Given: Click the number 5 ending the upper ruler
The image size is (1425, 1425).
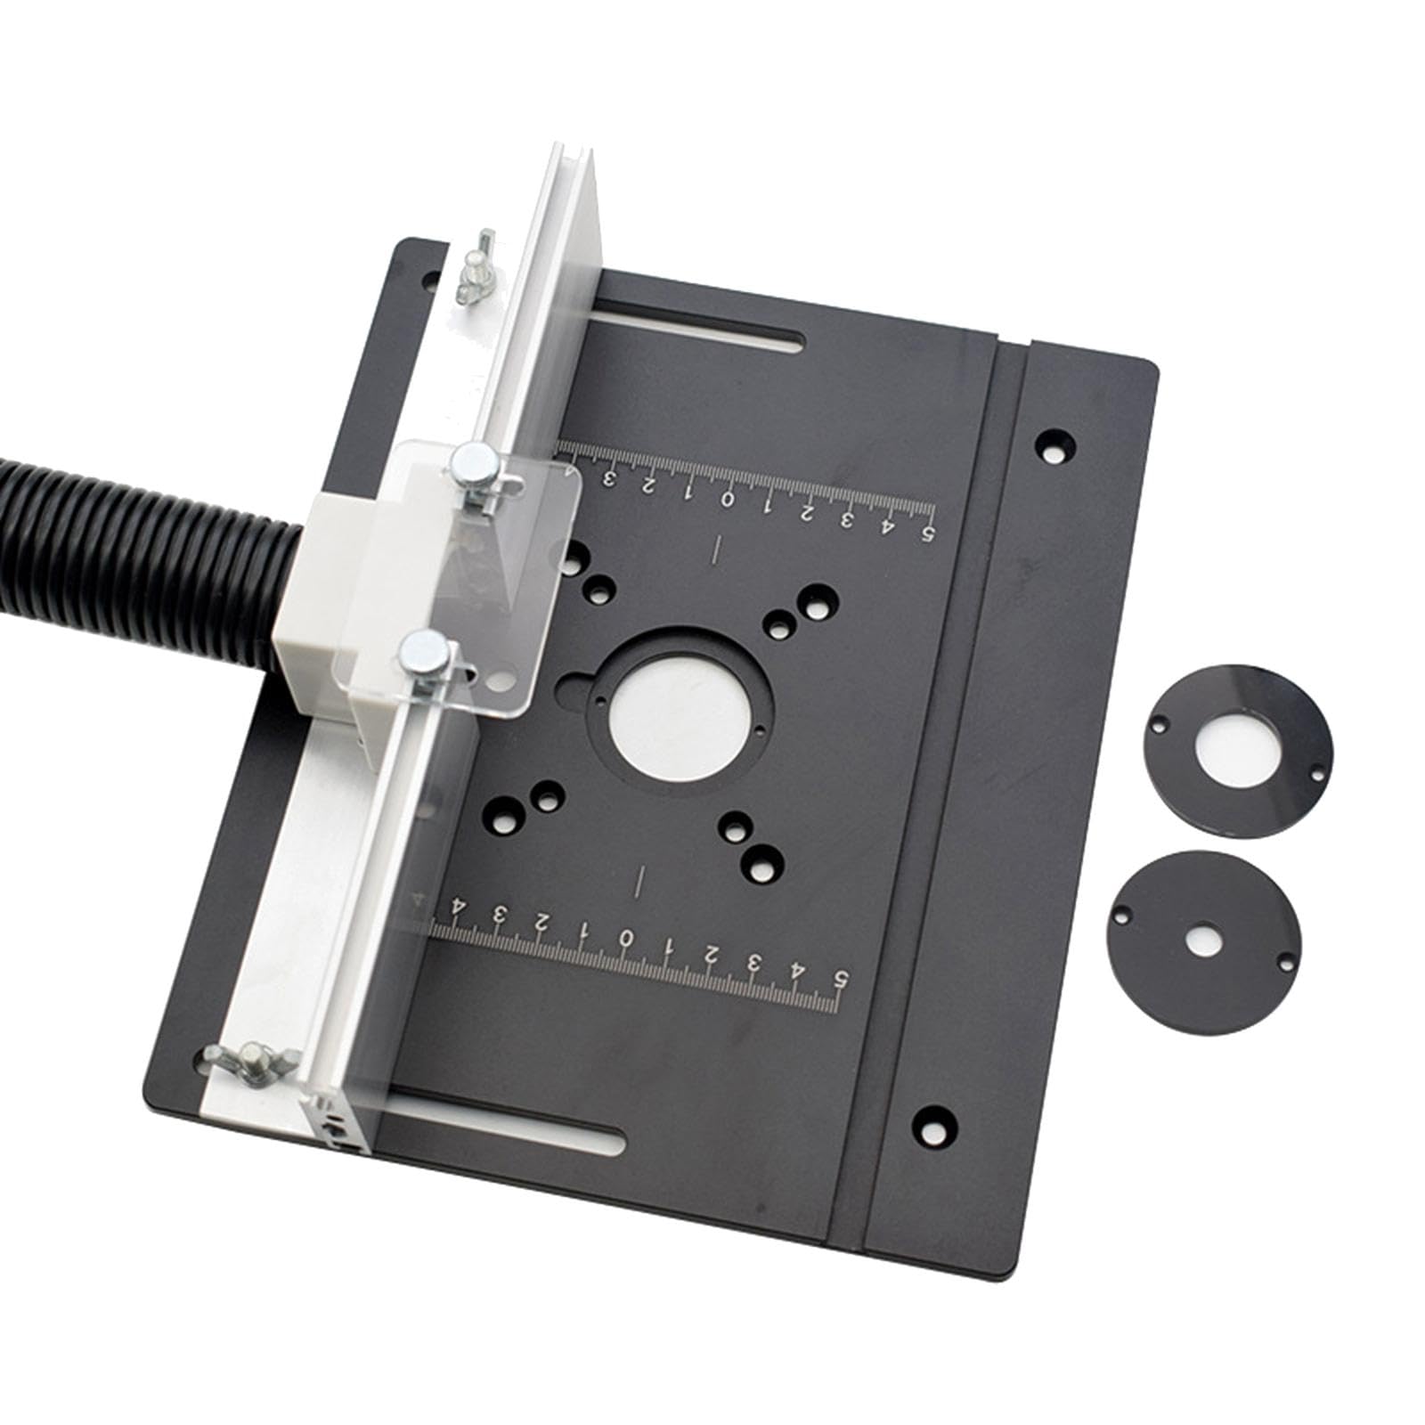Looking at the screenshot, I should (926, 533).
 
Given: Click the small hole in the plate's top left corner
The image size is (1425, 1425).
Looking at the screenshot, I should (431, 279).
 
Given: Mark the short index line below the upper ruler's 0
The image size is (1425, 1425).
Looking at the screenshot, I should (717, 550).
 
